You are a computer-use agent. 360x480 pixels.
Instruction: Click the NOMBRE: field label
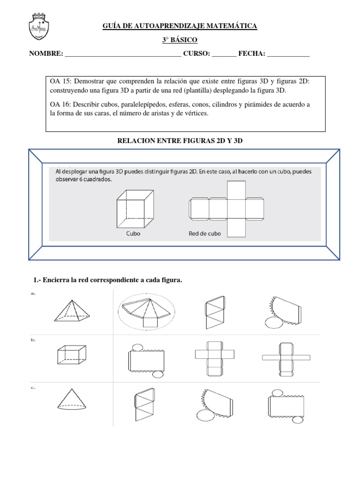pos(46,54)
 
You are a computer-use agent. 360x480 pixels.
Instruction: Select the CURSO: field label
pos(196,54)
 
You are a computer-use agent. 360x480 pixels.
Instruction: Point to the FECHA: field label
pos(252,54)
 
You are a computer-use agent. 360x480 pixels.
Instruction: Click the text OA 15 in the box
pos(60,82)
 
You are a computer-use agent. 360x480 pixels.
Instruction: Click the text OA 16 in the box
pos(60,104)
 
